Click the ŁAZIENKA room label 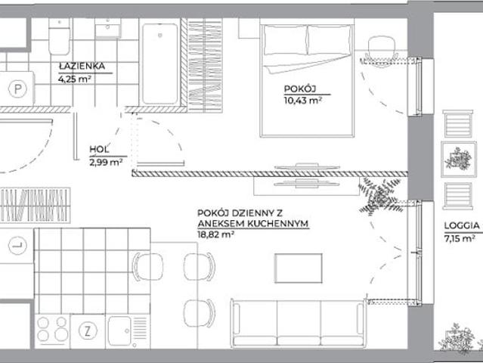pos(82,66)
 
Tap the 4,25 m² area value pos(75,79)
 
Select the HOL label pos(99,150)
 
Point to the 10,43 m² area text pos(303,101)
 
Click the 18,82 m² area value pos(215,234)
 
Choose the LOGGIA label pos(462,226)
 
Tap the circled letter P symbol pos(18,89)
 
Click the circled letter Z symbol pos(88,331)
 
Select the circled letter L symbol pos(17,246)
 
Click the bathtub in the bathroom pos(160,64)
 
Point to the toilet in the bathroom pos(60,36)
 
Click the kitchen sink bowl pos(119,331)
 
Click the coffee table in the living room pos(299,268)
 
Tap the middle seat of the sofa pos(299,323)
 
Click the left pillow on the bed pos(286,40)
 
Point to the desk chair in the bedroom pos(382,48)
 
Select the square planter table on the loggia pos(459,160)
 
